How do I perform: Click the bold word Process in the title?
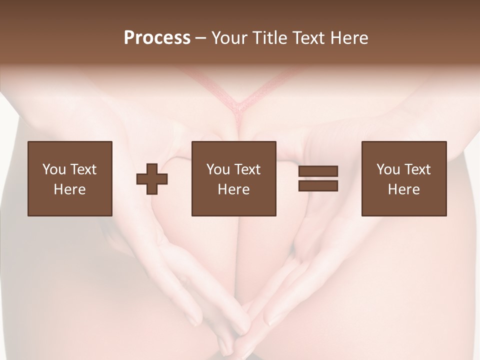[157, 38]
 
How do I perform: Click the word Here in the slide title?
[350, 38]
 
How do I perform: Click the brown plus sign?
[152, 179]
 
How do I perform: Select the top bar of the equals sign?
[318, 171]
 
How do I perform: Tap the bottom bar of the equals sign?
[318, 185]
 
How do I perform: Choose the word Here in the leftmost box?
[69, 189]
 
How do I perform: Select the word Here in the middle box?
[233, 189]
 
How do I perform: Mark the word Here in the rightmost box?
[403, 189]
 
